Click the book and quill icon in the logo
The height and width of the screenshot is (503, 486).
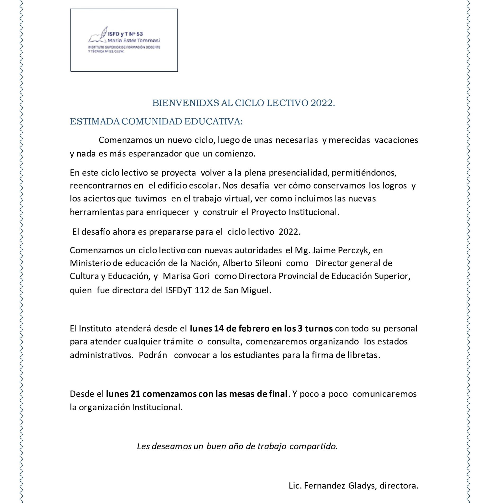98,35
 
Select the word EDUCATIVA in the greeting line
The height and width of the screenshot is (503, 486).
213,122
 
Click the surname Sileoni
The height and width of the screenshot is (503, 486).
268,263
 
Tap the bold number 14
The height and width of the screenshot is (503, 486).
219,329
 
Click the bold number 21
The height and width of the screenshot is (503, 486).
135,394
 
